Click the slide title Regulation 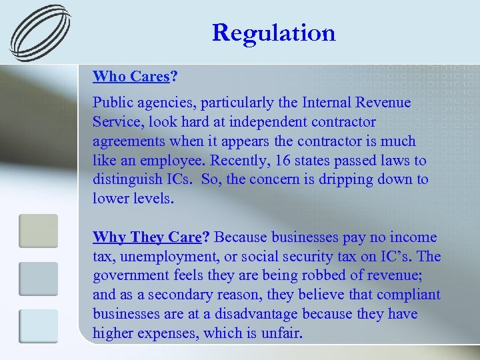(x=274, y=32)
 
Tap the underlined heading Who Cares (x=131, y=76)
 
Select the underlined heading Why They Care (x=147, y=237)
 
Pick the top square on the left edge (x=38, y=231)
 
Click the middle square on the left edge (x=38, y=279)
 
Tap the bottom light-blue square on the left (x=38, y=326)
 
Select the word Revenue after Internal (x=385, y=103)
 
